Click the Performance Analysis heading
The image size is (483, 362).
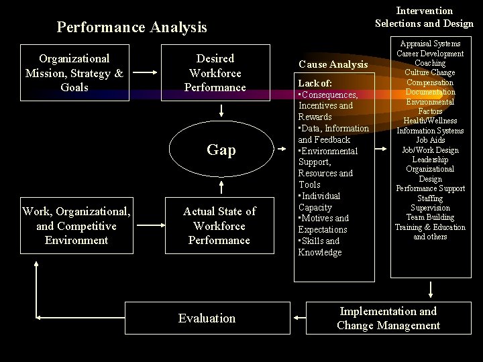132,27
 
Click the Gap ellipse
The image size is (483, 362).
221,149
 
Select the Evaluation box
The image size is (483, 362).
207,318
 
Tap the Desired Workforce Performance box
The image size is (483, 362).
215,72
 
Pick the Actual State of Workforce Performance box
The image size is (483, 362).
219,225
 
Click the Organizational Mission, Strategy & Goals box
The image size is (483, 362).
74,72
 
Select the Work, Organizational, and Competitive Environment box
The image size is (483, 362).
76,225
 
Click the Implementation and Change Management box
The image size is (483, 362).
388,318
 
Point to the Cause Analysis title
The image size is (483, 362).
333,64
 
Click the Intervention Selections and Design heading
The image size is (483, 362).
424,17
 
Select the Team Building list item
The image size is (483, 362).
430,217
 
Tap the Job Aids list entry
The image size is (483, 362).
430,140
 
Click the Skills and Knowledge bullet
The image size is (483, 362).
320,246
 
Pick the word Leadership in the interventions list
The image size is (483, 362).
430,160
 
